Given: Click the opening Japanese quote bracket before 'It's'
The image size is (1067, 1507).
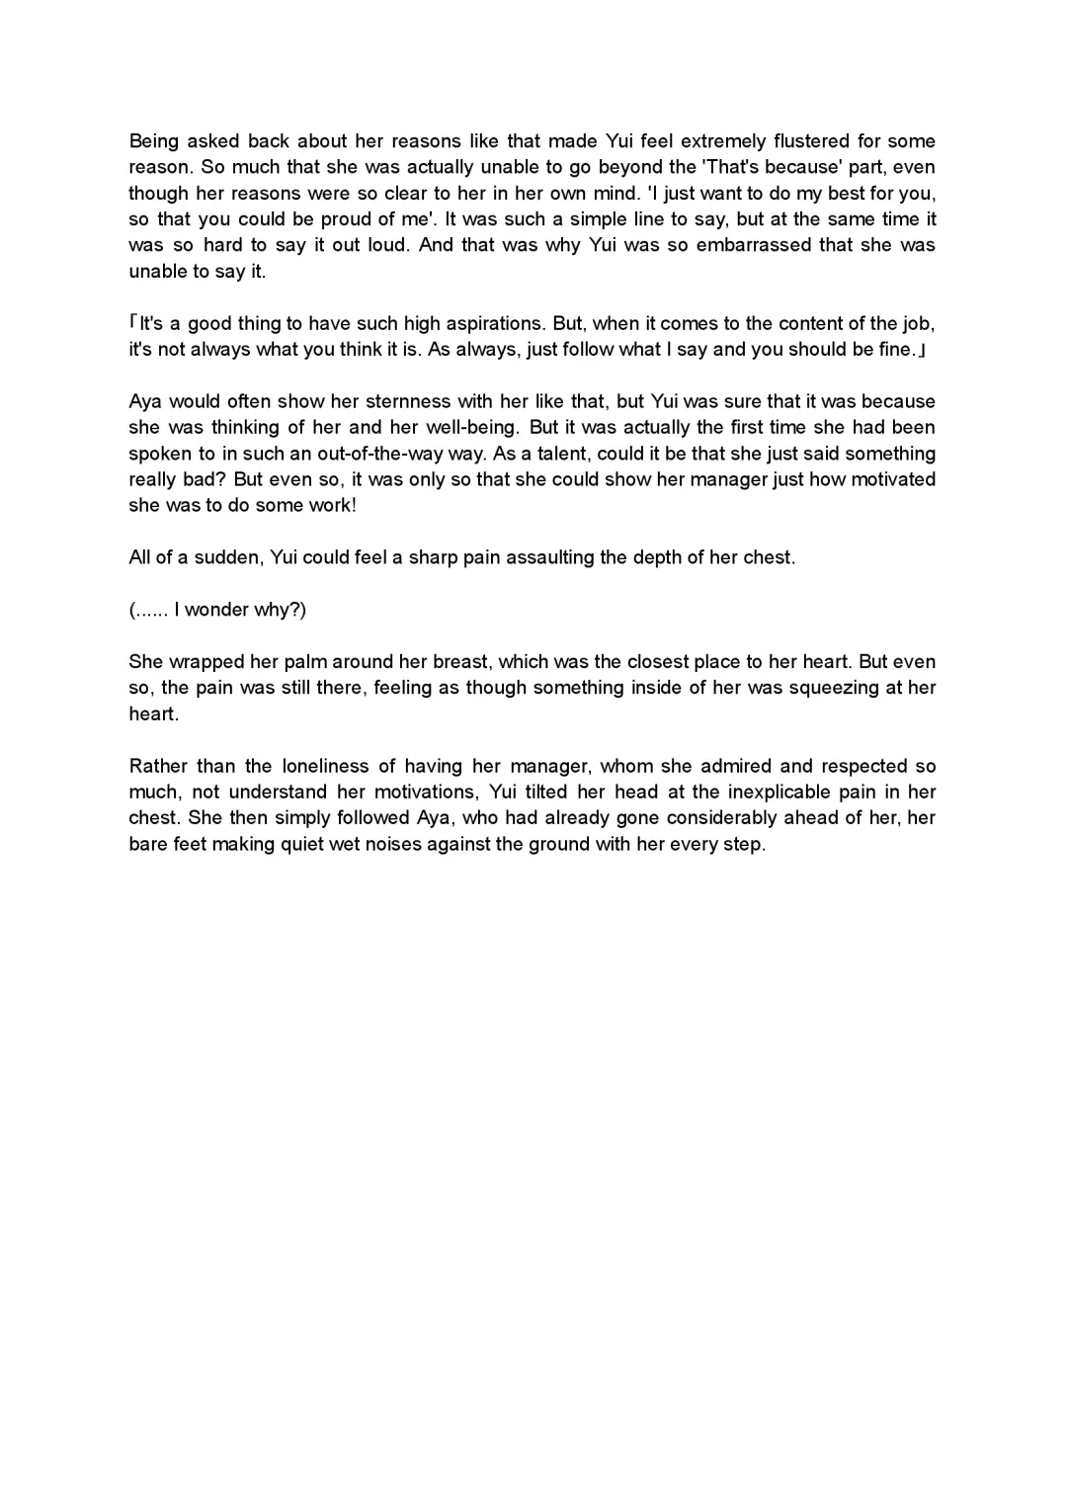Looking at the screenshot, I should (134, 323).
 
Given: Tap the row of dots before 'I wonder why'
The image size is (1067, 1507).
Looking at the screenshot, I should (151, 611).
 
